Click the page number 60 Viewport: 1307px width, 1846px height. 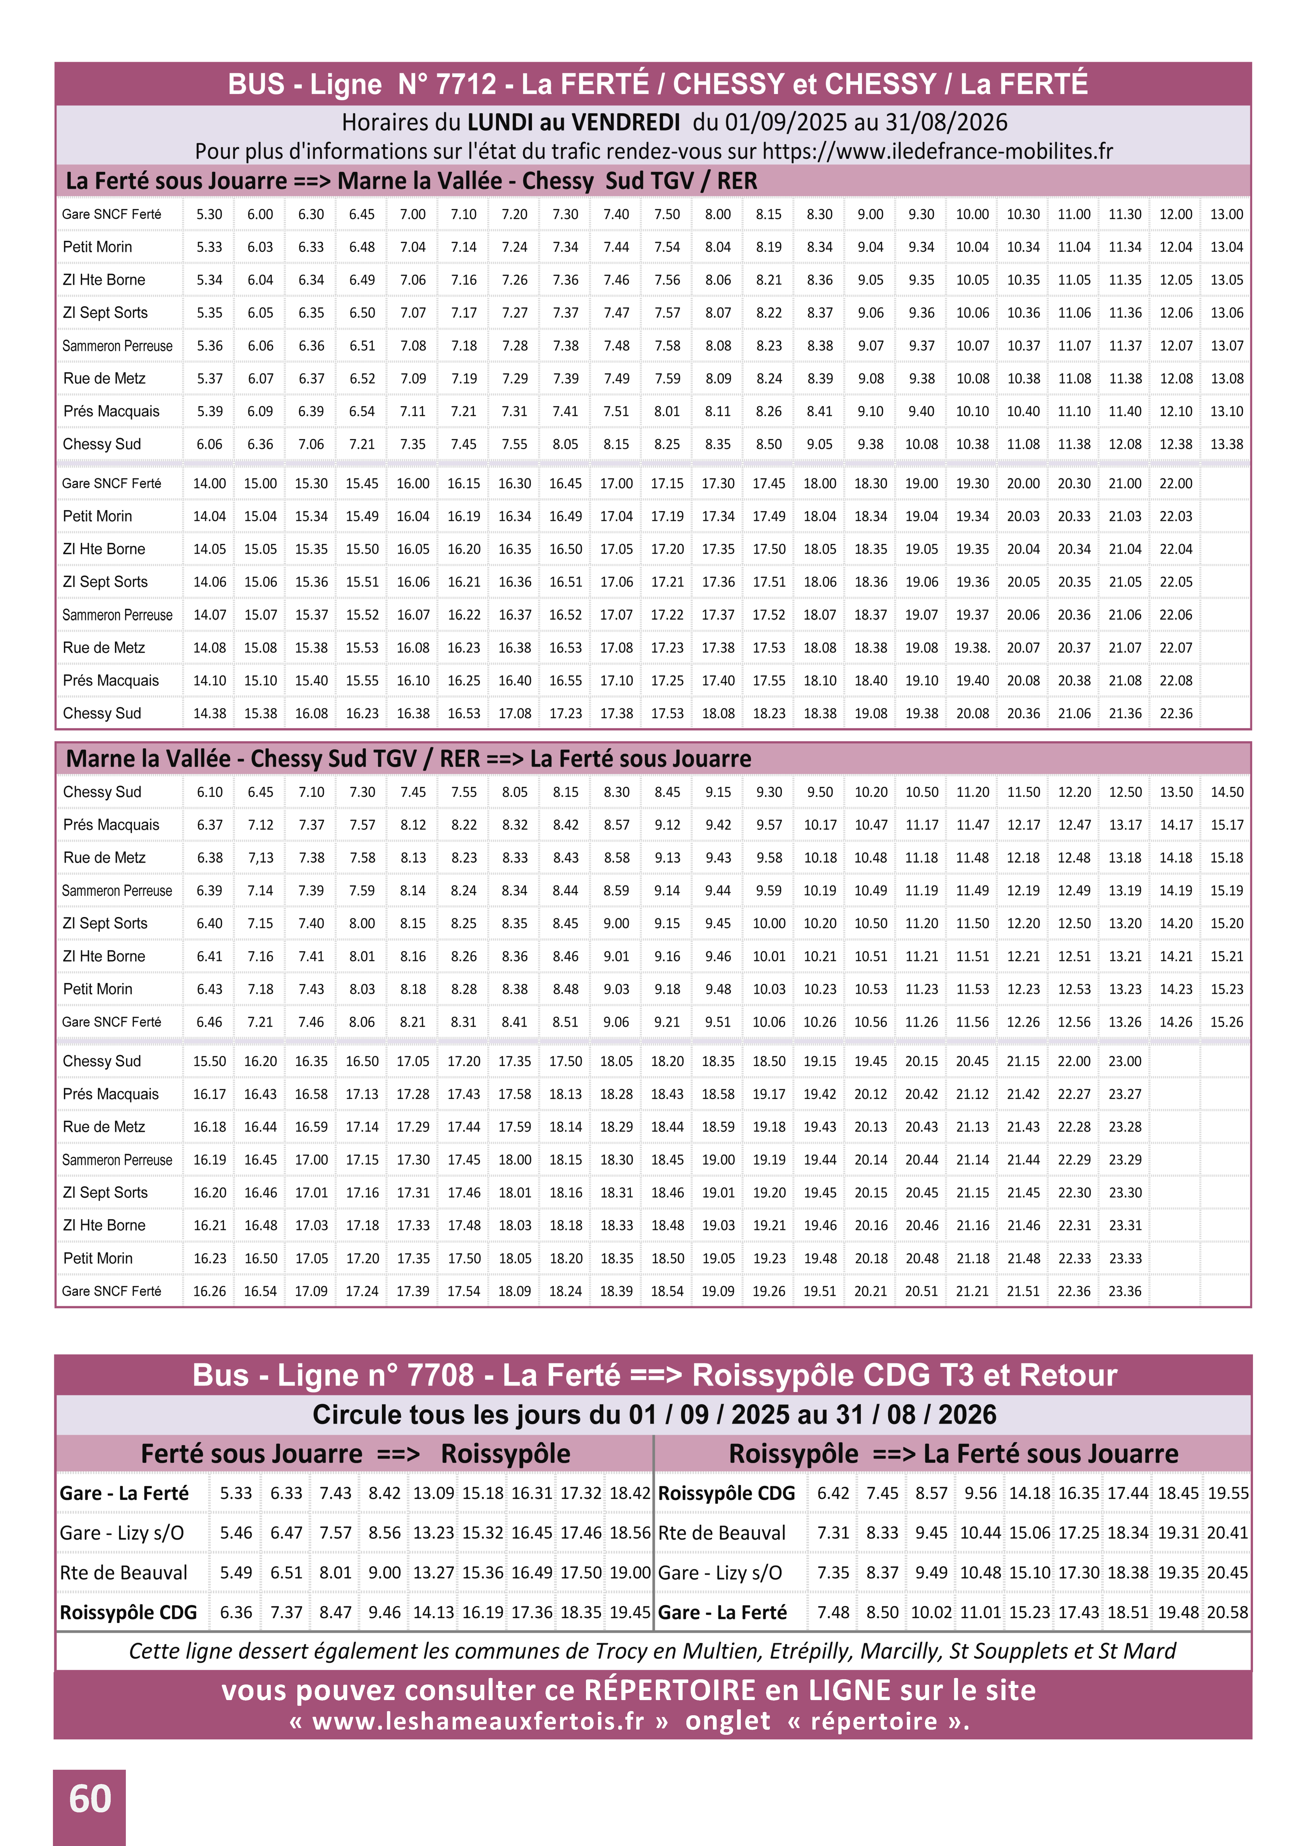(x=89, y=1799)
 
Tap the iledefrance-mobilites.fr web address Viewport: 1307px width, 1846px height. (x=938, y=151)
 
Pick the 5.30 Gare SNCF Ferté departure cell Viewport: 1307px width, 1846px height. (x=209, y=214)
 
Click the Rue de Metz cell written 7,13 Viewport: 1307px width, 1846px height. (x=261, y=857)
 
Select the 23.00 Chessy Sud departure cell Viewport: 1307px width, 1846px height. (x=1125, y=1061)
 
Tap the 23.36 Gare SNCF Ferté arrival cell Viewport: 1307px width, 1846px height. (x=1125, y=1290)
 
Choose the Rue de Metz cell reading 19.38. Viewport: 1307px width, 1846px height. (x=972, y=647)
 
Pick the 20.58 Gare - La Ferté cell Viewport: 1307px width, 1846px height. (x=1227, y=1613)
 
